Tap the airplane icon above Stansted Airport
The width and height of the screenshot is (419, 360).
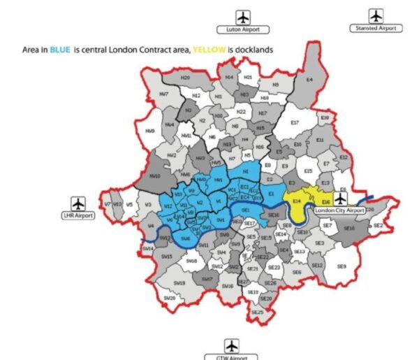(376, 15)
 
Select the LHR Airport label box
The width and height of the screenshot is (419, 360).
(78, 216)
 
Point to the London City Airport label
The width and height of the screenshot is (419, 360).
(340, 210)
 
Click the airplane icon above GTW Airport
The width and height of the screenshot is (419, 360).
(232, 345)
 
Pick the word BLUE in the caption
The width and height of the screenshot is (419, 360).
(59, 50)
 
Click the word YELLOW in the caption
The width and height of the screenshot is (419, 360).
(208, 50)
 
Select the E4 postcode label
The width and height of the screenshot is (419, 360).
(309, 80)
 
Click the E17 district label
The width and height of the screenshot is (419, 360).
(294, 122)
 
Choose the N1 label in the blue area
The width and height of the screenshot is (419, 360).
(245, 171)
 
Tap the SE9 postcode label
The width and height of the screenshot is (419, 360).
(341, 266)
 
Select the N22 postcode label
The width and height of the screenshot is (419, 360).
(241, 111)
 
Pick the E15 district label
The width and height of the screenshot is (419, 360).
(308, 171)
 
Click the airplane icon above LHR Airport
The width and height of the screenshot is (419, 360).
(78, 203)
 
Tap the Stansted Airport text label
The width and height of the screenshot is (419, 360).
(376, 28)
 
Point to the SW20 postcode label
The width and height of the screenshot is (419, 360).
(170, 298)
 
